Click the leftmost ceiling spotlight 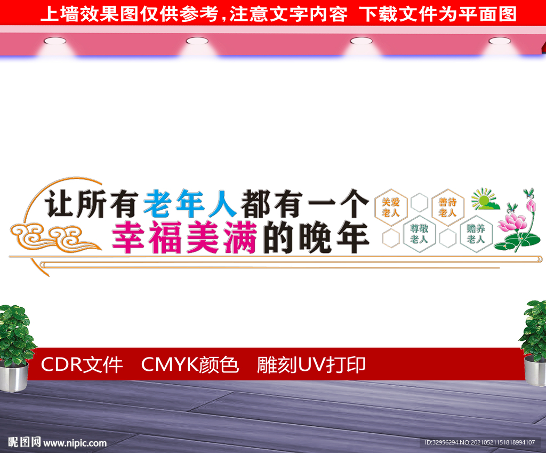pos(55,41)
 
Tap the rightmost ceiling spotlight pos(500,41)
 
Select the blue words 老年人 pos(190,204)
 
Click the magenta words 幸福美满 pos(185,237)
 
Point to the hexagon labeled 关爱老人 pos(391,208)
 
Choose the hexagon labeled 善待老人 pos(447,208)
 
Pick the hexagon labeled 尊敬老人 pos(419,234)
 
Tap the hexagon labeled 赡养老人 pos(476,234)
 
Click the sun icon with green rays pos(484,199)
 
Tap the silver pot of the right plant pos(535,370)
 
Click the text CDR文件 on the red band pos(82,365)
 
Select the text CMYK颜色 pos(190,365)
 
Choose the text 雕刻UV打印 pos(311,365)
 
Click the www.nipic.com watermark pos(75,443)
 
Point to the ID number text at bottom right pos(480,442)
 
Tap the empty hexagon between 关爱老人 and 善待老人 pos(419,202)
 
